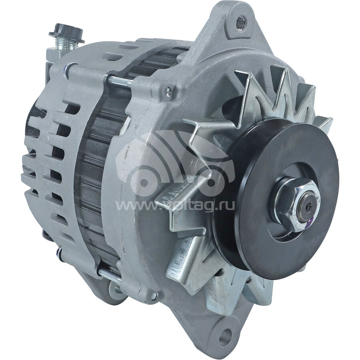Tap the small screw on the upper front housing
[x=168, y=90]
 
